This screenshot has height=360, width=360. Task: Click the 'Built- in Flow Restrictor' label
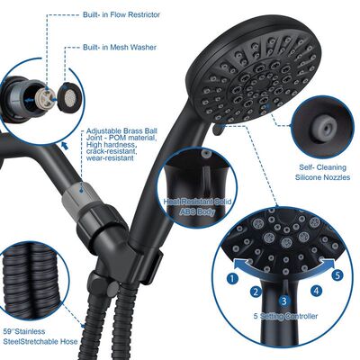click(x=121, y=14)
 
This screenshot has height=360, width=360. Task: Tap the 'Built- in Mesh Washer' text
click(x=120, y=48)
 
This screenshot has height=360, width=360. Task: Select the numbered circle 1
click(x=232, y=279)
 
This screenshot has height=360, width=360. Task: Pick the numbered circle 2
click(x=256, y=292)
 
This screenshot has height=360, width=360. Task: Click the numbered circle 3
click(x=284, y=301)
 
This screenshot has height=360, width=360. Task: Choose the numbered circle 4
click(x=316, y=291)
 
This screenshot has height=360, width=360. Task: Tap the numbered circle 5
click(x=338, y=274)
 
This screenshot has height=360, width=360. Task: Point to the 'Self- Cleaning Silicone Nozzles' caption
click(x=323, y=172)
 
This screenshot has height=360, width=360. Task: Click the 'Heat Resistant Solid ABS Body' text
click(x=197, y=206)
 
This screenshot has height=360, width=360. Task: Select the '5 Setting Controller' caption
click(x=285, y=316)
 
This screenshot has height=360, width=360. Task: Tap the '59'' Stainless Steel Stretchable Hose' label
click(x=40, y=337)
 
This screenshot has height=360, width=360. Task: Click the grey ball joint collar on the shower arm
click(x=73, y=195)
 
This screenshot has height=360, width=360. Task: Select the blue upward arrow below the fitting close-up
click(x=64, y=146)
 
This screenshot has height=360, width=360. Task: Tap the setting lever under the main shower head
click(x=218, y=130)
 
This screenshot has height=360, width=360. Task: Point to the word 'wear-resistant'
click(x=110, y=158)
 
